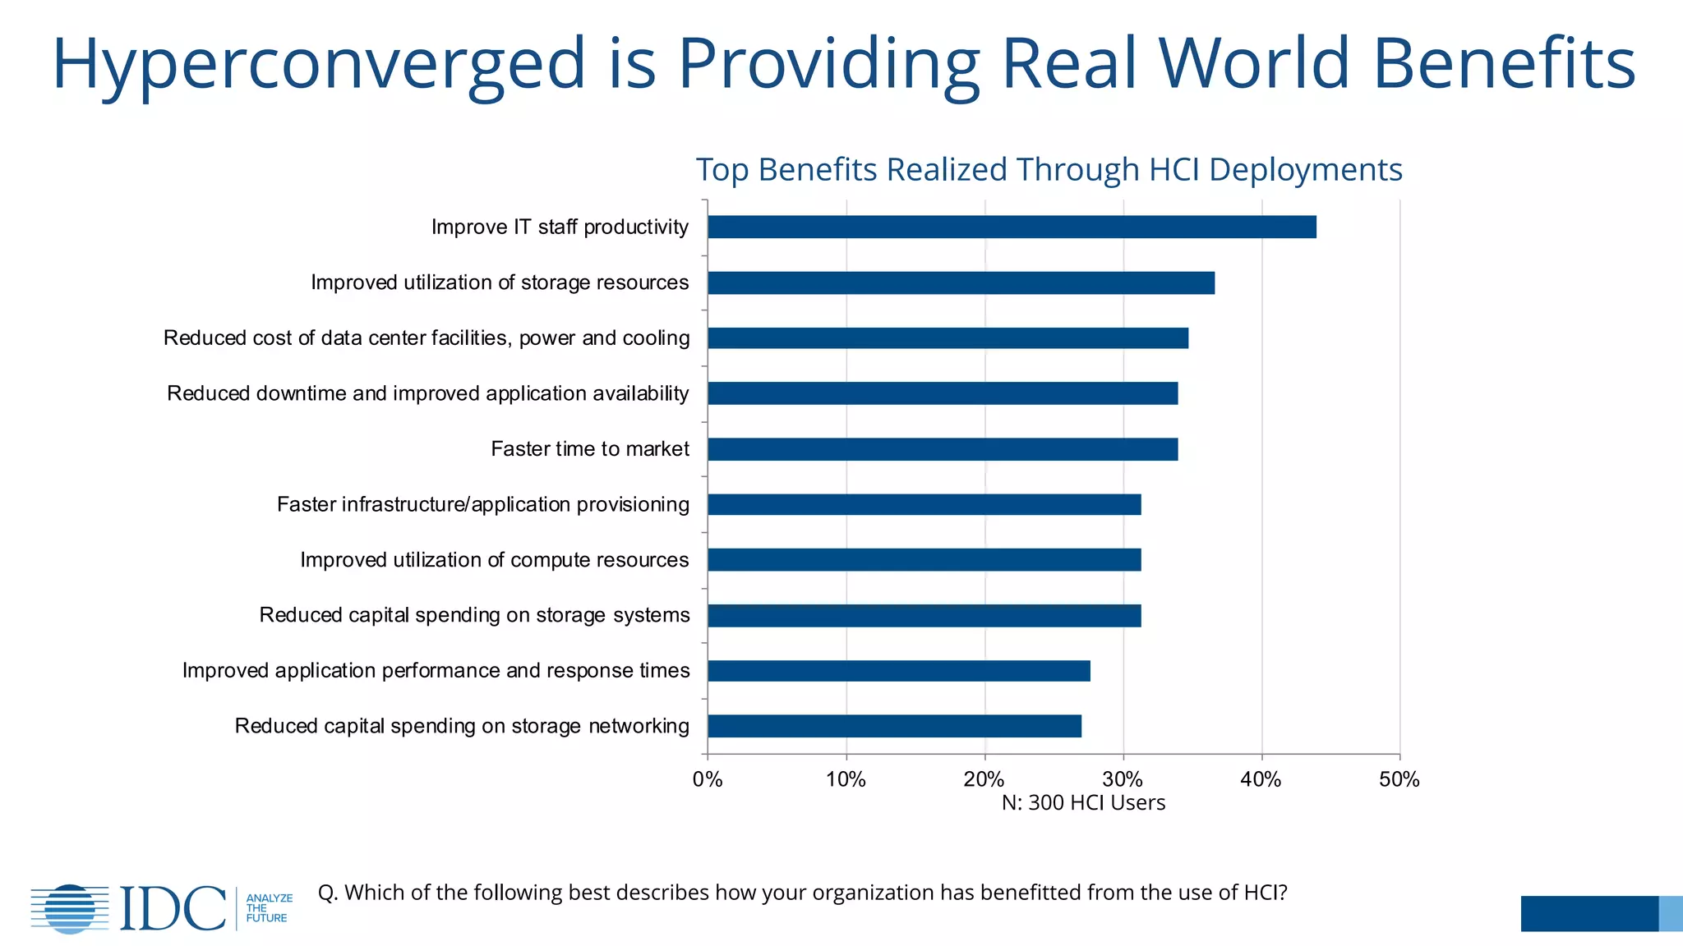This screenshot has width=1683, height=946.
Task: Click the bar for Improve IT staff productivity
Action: [1012, 227]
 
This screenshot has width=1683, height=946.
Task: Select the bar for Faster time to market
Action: [943, 449]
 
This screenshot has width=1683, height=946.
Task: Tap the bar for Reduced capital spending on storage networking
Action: [894, 726]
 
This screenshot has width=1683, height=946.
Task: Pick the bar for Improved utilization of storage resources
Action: [961, 282]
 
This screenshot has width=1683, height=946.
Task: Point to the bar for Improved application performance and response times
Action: [899, 671]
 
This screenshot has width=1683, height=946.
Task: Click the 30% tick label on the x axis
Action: [1123, 779]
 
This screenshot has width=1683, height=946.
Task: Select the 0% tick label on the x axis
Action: [708, 779]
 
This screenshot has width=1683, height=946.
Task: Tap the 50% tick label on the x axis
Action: [1399, 779]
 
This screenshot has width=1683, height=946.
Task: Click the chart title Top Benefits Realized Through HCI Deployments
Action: [1049, 170]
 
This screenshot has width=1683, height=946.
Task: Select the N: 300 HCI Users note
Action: [1083, 802]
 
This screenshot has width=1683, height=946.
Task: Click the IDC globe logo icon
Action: [70, 908]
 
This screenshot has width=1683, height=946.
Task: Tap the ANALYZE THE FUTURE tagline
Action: [268, 908]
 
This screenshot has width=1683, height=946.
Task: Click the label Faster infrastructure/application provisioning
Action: [482, 504]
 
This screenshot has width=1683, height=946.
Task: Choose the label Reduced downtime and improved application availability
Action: [427, 393]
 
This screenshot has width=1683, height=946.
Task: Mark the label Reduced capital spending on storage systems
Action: [474, 615]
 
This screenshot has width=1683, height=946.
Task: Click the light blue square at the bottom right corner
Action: [1670, 913]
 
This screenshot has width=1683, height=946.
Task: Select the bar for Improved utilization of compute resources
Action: [924, 560]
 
